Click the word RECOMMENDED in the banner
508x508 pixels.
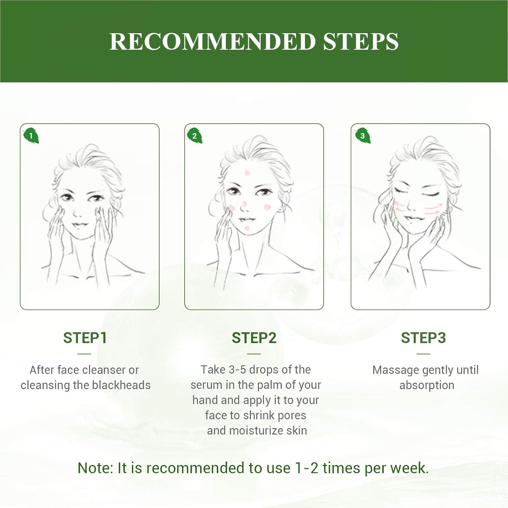tap(212, 42)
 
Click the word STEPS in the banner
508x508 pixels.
tap(361, 42)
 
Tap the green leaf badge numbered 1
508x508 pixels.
tap(31, 136)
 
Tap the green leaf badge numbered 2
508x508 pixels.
tap(195, 136)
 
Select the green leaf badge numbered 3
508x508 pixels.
tap(363, 136)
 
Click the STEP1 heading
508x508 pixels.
tap(85, 338)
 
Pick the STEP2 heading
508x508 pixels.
tap(254, 338)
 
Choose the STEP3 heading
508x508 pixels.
tap(423, 338)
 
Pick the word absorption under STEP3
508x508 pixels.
tap(427, 385)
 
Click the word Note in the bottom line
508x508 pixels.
tap(96, 468)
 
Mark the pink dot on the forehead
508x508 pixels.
tap(247, 173)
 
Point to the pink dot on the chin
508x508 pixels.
tap(247, 229)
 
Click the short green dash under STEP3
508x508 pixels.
tap(423, 354)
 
